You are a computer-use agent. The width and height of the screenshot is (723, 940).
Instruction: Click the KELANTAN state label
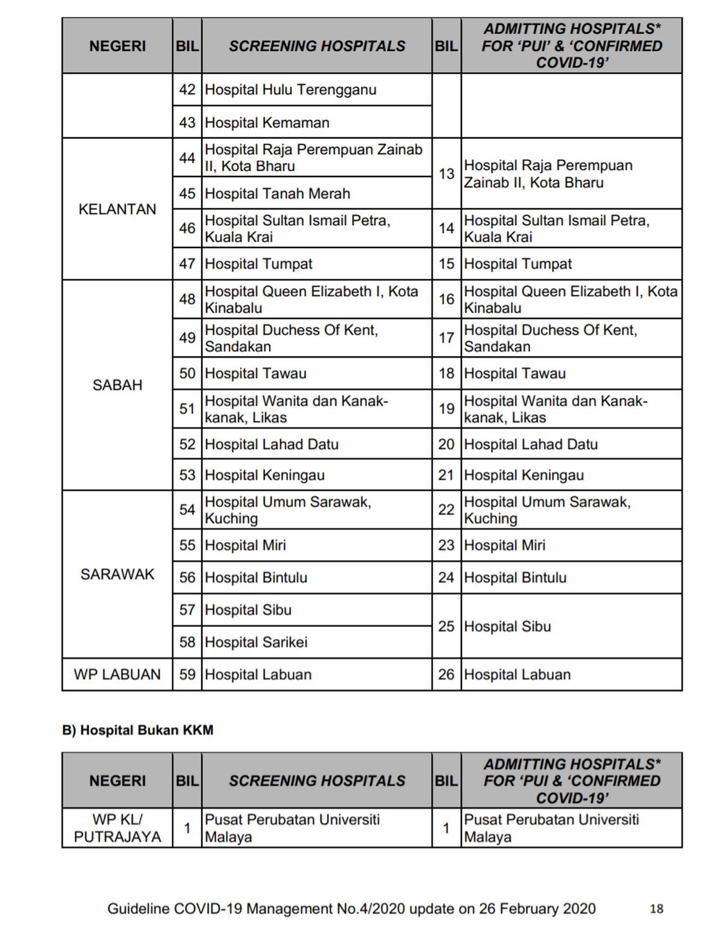click(117, 209)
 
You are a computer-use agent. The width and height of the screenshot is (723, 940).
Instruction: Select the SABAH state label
click(117, 385)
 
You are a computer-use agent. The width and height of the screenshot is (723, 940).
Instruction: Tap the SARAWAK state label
click(117, 574)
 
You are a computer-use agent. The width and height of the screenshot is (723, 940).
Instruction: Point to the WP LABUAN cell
click(117, 674)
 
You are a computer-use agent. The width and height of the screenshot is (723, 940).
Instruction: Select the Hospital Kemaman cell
click(267, 122)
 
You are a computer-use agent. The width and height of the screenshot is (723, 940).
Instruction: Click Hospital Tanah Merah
click(277, 193)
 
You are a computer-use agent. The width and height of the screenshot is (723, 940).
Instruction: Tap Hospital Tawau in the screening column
click(255, 373)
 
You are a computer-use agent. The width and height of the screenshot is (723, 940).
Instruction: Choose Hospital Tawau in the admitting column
click(515, 373)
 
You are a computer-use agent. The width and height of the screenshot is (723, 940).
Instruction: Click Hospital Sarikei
click(256, 642)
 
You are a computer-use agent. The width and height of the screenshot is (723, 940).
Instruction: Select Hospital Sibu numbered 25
click(507, 626)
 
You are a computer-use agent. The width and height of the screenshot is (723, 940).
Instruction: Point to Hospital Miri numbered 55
click(245, 545)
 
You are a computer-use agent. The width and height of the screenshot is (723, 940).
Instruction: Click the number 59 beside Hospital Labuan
click(187, 674)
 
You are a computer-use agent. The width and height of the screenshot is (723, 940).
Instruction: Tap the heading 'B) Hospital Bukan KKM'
click(138, 730)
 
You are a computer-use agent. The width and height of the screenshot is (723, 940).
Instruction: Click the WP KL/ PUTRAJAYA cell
click(117, 828)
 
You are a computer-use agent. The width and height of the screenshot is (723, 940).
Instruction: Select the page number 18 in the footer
click(656, 909)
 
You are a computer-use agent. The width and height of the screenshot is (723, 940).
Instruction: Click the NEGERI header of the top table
click(117, 46)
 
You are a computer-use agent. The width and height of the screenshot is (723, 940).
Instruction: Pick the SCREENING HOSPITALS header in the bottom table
click(317, 780)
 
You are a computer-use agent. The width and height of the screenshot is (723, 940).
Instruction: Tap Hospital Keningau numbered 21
click(524, 475)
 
